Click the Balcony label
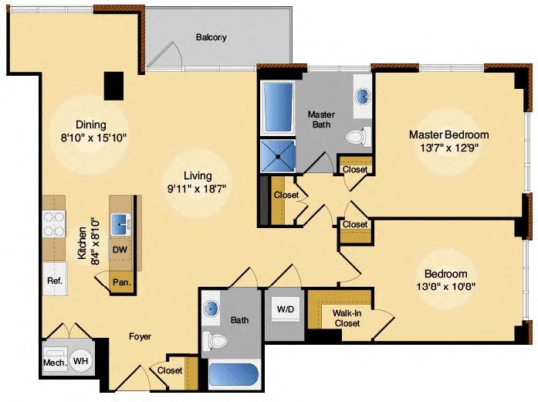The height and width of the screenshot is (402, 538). (x=211, y=37)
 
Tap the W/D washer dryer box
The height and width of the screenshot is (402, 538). (x=286, y=308)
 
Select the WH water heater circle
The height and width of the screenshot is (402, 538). (x=81, y=361)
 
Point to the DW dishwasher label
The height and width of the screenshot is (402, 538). (x=120, y=250)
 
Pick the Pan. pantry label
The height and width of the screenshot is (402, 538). (x=122, y=283)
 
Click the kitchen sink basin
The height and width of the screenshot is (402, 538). (x=120, y=224)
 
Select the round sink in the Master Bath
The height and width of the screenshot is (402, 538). (x=363, y=96)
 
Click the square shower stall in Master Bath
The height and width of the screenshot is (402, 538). (x=278, y=155)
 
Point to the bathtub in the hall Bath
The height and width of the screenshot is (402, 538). (x=233, y=375)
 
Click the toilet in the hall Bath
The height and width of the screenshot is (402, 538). (x=215, y=340)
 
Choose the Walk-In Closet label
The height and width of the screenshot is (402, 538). (x=347, y=319)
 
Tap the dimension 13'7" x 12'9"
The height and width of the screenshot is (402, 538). (x=449, y=148)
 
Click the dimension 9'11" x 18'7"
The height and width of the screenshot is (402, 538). (x=198, y=189)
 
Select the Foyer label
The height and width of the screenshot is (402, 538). (x=140, y=336)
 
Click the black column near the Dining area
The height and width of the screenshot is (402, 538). (x=114, y=86)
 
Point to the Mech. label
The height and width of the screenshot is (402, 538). (x=55, y=363)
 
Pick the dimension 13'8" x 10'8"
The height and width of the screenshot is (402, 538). (x=445, y=287)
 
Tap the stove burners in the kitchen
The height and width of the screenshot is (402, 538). (x=54, y=224)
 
